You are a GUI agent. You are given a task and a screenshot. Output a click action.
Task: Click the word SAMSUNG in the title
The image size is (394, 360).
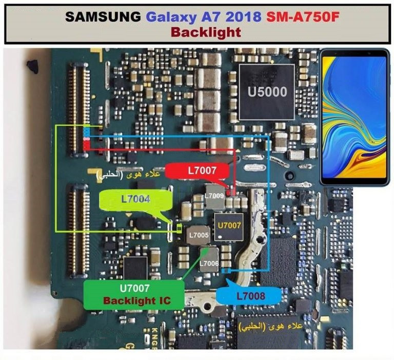coord(102,17)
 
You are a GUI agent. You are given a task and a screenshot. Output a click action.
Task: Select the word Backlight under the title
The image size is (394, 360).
coord(206,32)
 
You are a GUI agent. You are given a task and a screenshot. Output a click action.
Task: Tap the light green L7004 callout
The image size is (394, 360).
coord(135,199)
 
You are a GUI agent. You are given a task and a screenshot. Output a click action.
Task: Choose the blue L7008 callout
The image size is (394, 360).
coord(250,296)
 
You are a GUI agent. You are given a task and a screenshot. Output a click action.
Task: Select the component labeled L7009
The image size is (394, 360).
coord(213,196)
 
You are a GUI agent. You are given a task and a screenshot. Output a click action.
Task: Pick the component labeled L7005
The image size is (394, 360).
coord(198,235)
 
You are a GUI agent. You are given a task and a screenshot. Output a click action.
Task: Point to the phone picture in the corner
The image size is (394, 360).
coord(354,117)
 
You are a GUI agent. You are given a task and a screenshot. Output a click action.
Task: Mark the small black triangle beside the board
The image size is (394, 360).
coord(32,65)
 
